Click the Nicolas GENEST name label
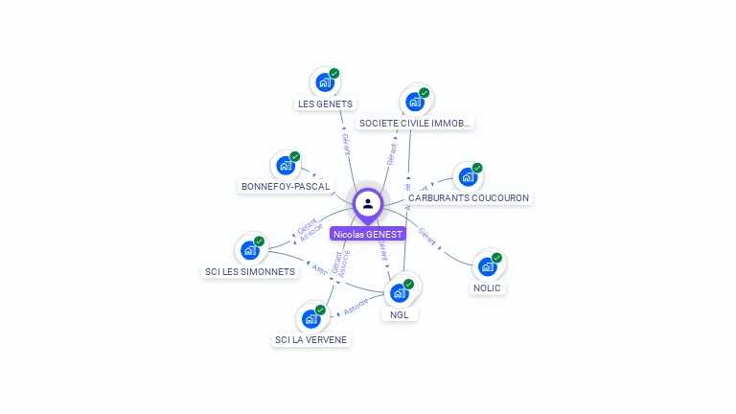[368, 233]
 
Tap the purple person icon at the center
[368, 203]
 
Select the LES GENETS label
[325, 103]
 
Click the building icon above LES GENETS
[324, 82]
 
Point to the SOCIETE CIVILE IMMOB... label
[414, 124]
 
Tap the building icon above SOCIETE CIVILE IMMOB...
[414, 102]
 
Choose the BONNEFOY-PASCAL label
[286, 186]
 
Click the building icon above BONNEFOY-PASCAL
[285, 165]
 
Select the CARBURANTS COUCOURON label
[469, 197]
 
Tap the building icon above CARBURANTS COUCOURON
[467, 176]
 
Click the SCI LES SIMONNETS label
[250, 271]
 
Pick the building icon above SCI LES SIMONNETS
[249, 250]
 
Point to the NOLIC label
[487, 287]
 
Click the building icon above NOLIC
[487, 266]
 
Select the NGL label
[399, 313]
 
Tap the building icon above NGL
[399, 292]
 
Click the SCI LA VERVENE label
[310, 339]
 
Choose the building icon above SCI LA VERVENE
[310, 318]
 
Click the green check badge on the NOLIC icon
[496, 258]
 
